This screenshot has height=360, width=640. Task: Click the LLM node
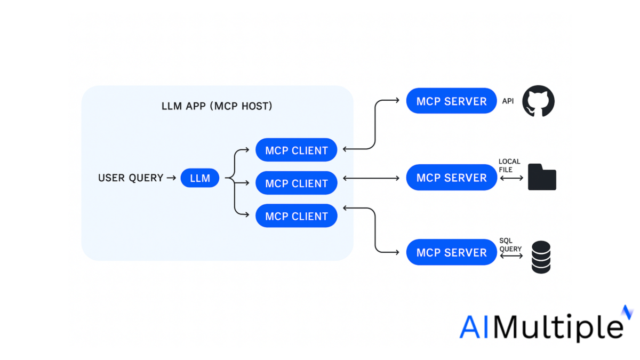[x=200, y=178]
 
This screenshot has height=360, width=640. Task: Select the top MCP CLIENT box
[x=297, y=150]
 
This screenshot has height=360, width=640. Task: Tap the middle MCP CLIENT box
[x=297, y=183]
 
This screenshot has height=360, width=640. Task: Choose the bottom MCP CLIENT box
[x=297, y=216]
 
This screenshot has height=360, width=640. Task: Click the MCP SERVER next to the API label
[x=451, y=101]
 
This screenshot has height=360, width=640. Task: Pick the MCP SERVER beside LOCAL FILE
[x=451, y=178]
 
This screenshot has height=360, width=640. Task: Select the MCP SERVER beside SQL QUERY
[x=451, y=252]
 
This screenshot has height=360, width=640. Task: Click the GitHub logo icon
[x=538, y=101]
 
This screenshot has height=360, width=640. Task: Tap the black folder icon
[x=542, y=178]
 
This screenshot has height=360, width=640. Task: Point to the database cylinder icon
[x=541, y=257]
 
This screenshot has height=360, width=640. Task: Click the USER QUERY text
[x=131, y=178]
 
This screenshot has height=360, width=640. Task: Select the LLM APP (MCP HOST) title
[x=217, y=106]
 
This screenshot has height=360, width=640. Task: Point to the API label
[x=508, y=101]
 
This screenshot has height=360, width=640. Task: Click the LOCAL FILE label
[x=509, y=165]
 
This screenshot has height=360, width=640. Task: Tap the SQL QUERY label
[x=510, y=245]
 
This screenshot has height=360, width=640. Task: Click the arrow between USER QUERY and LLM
[x=171, y=178]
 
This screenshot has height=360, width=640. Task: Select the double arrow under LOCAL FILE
[x=511, y=178]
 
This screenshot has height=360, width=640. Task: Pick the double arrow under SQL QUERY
[x=511, y=257]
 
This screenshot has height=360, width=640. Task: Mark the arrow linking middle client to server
[x=371, y=178]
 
